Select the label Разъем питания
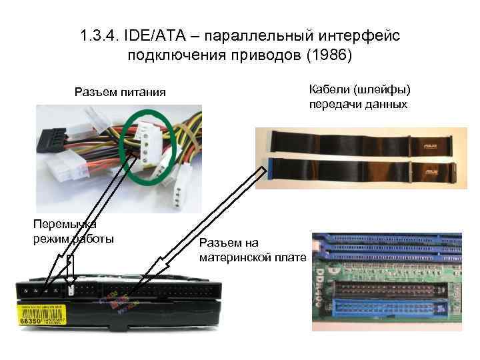coord(120,91)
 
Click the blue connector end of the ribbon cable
coord(270,170)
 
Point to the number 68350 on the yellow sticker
coord(31,321)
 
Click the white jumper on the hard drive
coord(71,290)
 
